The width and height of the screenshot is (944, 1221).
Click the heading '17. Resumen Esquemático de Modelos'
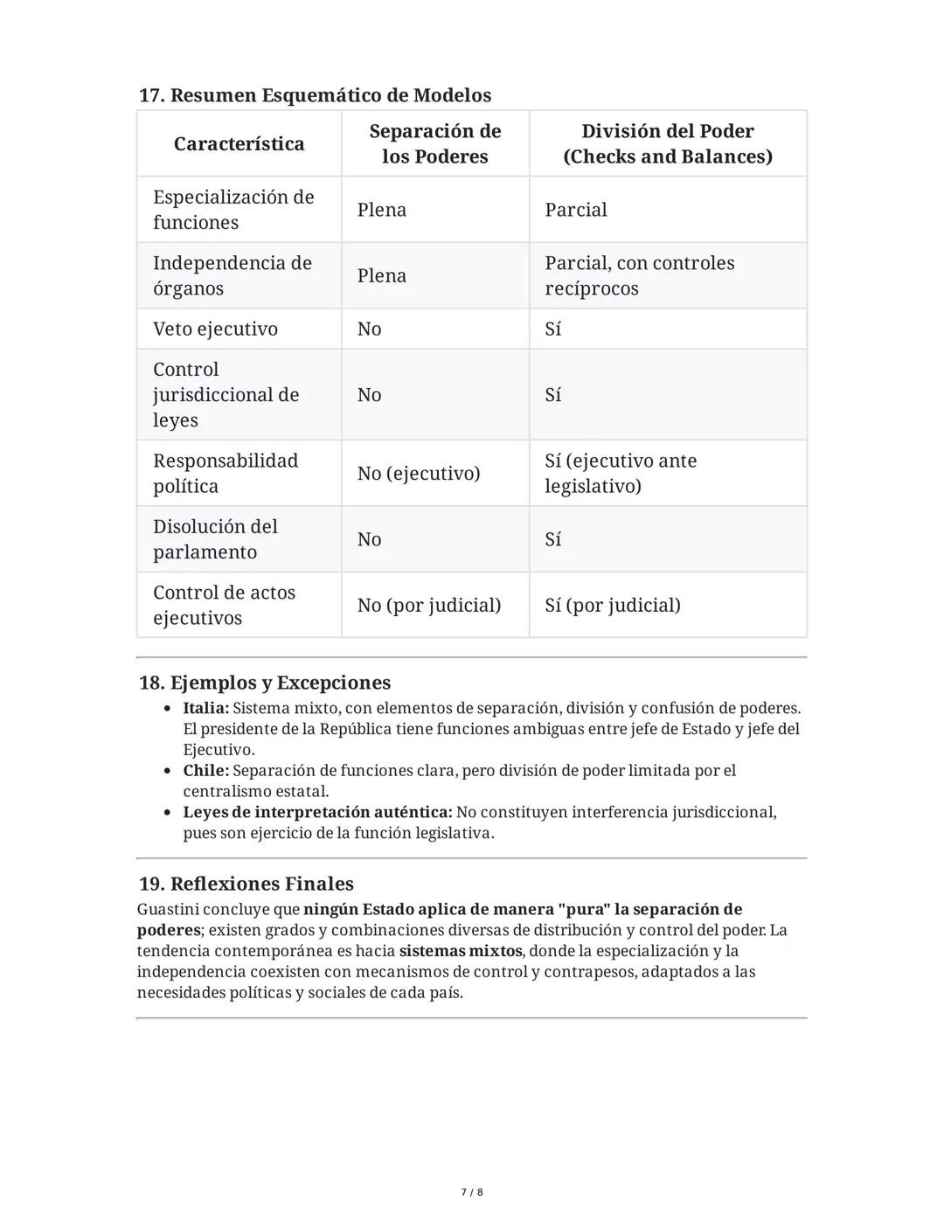315,95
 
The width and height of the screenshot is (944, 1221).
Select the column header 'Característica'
239,143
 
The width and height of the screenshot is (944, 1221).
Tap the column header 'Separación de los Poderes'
434,143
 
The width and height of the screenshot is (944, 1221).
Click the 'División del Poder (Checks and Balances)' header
667,143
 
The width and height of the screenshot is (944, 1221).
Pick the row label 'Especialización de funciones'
233,210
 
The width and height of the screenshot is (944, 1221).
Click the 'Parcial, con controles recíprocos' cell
639,275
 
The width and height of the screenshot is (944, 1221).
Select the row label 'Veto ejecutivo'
215,329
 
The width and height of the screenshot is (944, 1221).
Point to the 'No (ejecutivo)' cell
418,473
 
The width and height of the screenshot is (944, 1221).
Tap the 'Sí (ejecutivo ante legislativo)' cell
621,473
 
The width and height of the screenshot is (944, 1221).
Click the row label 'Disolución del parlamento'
215,539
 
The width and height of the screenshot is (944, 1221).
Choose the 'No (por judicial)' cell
428,605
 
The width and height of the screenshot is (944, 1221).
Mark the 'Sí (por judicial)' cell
612,605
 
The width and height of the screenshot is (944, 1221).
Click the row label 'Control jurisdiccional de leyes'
226,394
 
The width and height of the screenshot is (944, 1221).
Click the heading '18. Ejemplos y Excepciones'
264,683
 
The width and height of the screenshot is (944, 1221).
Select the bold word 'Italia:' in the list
205,708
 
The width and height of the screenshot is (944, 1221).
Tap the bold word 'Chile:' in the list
205,771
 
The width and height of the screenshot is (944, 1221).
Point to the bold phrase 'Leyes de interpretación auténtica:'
317,812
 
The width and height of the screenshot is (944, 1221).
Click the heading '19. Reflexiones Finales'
246,884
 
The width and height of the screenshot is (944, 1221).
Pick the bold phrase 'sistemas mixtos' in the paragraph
461,951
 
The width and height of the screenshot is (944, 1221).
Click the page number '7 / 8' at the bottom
472,1192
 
